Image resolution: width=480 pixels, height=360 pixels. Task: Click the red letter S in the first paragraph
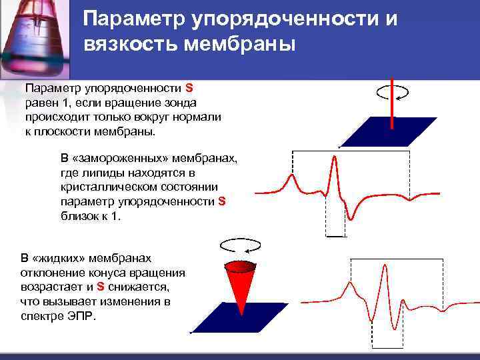189,88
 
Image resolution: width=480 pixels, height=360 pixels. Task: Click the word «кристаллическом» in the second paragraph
102,189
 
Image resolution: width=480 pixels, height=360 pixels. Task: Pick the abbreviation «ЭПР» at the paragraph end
84,316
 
